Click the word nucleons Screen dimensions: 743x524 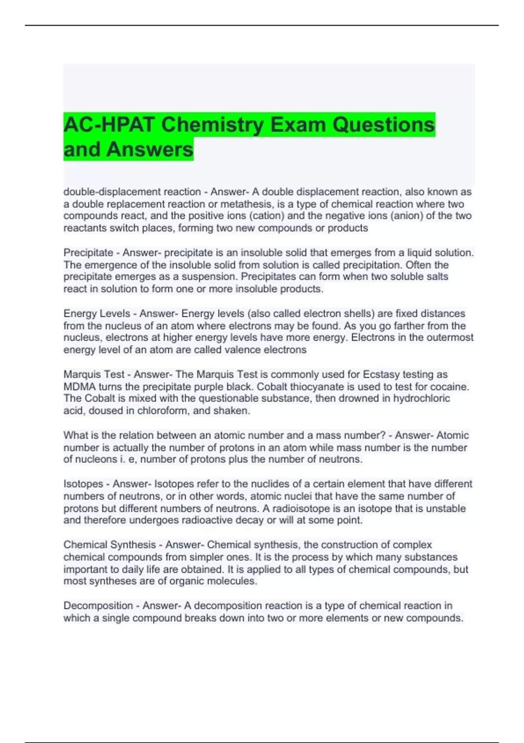96,459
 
